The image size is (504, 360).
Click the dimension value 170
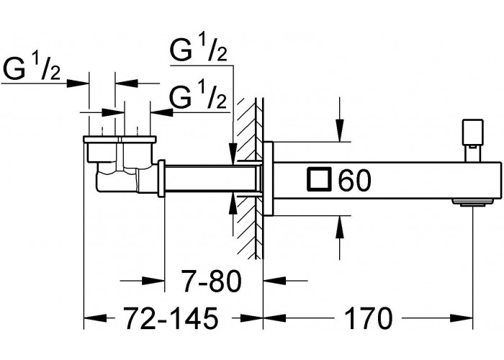pos(368,318)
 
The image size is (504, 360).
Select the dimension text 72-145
pos(171,318)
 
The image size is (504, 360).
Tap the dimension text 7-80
pos(210,281)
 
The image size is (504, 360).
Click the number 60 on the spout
pos(354,180)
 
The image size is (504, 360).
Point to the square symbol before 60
pos(319,180)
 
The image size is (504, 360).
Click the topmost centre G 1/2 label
pos(199,48)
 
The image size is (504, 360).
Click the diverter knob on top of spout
pos(472,140)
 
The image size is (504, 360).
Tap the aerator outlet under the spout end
pos(472,202)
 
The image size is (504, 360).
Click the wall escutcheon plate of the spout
pos(268,179)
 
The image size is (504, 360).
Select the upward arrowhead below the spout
pos(339,228)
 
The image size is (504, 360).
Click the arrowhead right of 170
pos(462,318)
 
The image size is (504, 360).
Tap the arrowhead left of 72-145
pos(96,318)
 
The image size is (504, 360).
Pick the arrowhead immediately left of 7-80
pos(153,281)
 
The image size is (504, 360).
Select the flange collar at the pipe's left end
pos(161,178)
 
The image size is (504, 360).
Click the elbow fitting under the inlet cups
pos(119,177)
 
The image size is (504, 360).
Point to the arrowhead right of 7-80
pos(275,281)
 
